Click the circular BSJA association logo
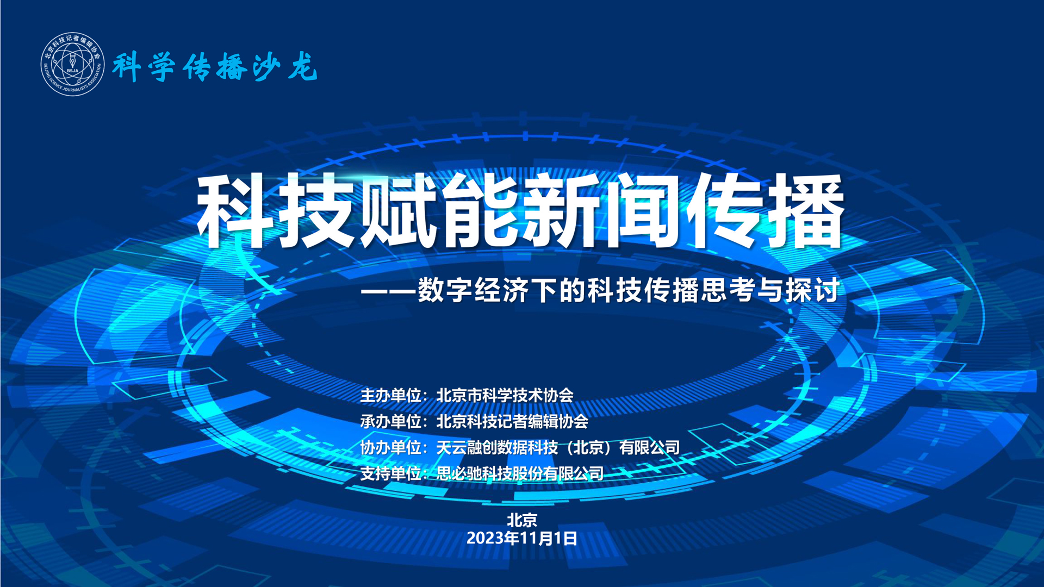click(x=73, y=64)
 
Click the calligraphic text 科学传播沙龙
click(x=215, y=67)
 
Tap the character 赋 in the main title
click(x=400, y=211)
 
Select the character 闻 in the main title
click(x=644, y=211)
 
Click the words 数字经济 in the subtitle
click(x=474, y=290)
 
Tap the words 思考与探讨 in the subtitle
click(x=770, y=290)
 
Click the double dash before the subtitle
click(x=388, y=291)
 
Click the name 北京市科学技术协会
click(x=505, y=395)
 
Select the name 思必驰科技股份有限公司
click(x=520, y=473)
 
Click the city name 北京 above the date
click(x=522, y=520)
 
